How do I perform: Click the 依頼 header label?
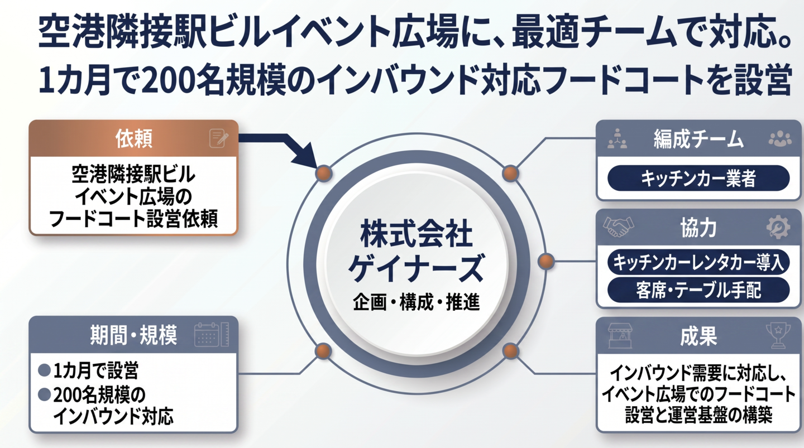(134, 139)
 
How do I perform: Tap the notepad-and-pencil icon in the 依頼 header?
(218, 138)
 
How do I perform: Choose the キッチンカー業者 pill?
(698, 179)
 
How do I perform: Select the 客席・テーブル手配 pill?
(698, 290)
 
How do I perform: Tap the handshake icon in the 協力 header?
(619, 227)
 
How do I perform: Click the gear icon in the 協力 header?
(778, 227)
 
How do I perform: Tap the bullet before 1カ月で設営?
(44, 370)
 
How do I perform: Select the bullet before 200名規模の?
(44, 395)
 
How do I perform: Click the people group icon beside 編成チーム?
(779, 139)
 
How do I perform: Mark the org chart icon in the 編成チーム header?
(618, 139)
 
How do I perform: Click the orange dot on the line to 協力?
(546, 261)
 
